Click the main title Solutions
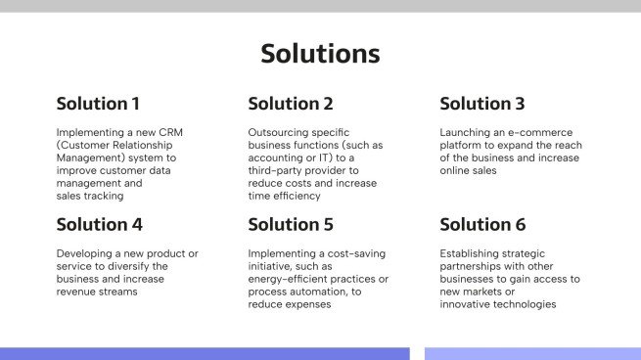coord(320,53)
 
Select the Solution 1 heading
coord(98,104)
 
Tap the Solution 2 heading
coord(291,104)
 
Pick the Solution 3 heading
coord(482,104)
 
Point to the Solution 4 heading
coord(100,224)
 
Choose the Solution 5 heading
coord(291,224)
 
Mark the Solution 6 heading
coord(483,224)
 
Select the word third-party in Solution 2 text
coord(280,170)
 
